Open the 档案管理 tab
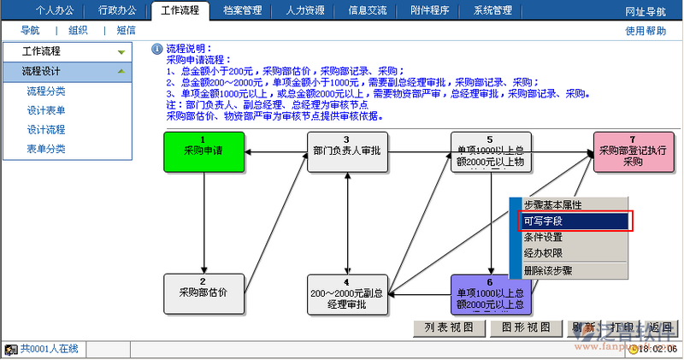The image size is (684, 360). click(x=242, y=11)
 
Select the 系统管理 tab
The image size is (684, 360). click(x=492, y=11)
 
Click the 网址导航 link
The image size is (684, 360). click(x=645, y=11)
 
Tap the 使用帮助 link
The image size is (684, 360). click(x=646, y=31)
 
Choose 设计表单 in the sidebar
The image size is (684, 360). click(x=46, y=110)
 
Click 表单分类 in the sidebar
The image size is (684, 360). click(x=46, y=150)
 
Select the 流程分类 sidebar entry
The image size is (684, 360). click(x=46, y=91)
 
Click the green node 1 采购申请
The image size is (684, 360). click(x=203, y=151)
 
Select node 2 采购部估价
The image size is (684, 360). click(x=203, y=293)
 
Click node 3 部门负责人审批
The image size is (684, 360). click(x=347, y=151)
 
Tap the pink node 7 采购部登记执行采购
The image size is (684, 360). click(x=633, y=151)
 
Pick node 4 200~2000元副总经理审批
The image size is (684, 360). click(x=347, y=293)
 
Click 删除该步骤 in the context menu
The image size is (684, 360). click(x=548, y=269)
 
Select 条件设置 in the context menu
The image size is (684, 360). click(x=543, y=237)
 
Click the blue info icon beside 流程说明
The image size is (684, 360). click(x=156, y=50)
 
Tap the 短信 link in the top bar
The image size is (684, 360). click(x=126, y=31)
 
